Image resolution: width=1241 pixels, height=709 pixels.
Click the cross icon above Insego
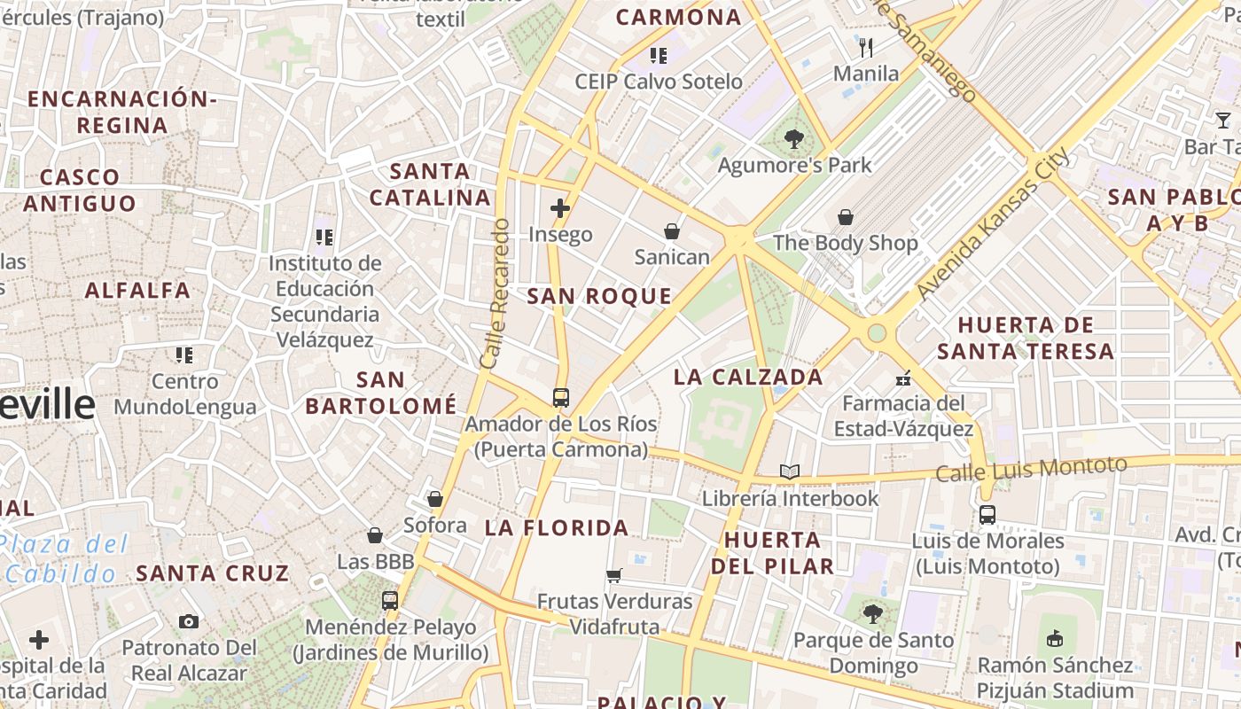pos(560,209)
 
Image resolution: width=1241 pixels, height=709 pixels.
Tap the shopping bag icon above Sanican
pos(672,231)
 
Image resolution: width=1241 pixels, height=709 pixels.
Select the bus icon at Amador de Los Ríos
pos(561,398)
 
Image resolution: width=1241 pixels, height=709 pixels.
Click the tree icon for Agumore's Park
pos(793,139)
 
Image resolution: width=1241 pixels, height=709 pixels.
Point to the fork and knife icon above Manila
pos(866,47)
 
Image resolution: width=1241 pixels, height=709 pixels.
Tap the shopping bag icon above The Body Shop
pos(846,217)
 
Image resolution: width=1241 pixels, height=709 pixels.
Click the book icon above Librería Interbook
pos(790,471)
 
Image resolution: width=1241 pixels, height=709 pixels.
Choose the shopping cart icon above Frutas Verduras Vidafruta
pos(614,576)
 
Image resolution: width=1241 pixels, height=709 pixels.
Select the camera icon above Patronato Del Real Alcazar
pos(188,621)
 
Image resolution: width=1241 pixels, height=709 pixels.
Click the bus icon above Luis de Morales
pos(987,514)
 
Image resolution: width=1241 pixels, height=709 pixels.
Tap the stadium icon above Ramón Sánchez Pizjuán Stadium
pos(1055,638)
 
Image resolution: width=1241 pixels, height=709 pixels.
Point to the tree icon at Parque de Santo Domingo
pos(873,612)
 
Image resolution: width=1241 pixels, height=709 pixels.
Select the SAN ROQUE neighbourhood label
pos(599,297)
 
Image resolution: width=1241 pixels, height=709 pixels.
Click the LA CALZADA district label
pos(748,377)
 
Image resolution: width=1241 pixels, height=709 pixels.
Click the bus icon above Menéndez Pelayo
pos(390,601)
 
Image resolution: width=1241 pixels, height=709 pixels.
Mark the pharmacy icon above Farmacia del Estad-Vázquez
pos(903,378)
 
